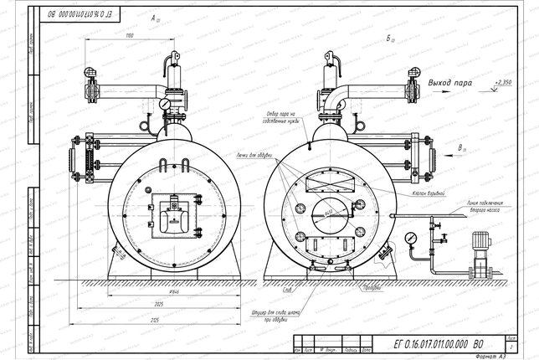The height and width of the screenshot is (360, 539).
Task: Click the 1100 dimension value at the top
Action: pyautogui.click(x=129, y=37)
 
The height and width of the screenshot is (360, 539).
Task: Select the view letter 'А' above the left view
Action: pyautogui.click(x=153, y=17)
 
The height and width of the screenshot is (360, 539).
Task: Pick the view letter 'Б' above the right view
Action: pyautogui.click(x=391, y=39)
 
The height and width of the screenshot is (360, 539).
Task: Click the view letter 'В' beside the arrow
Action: pyautogui.click(x=462, y=148)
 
